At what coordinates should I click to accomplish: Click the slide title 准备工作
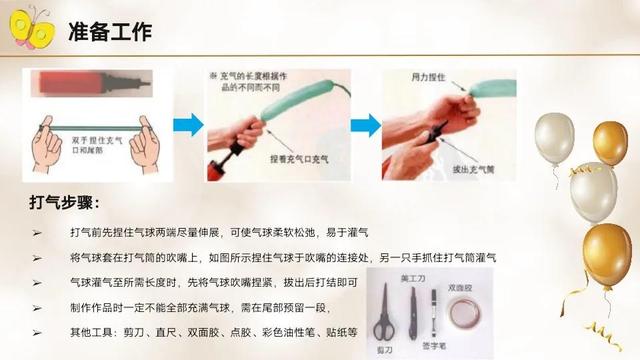pos(111,32)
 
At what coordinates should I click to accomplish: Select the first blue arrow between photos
pos(189,126)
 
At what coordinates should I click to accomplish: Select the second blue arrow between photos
pos(365,126)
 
